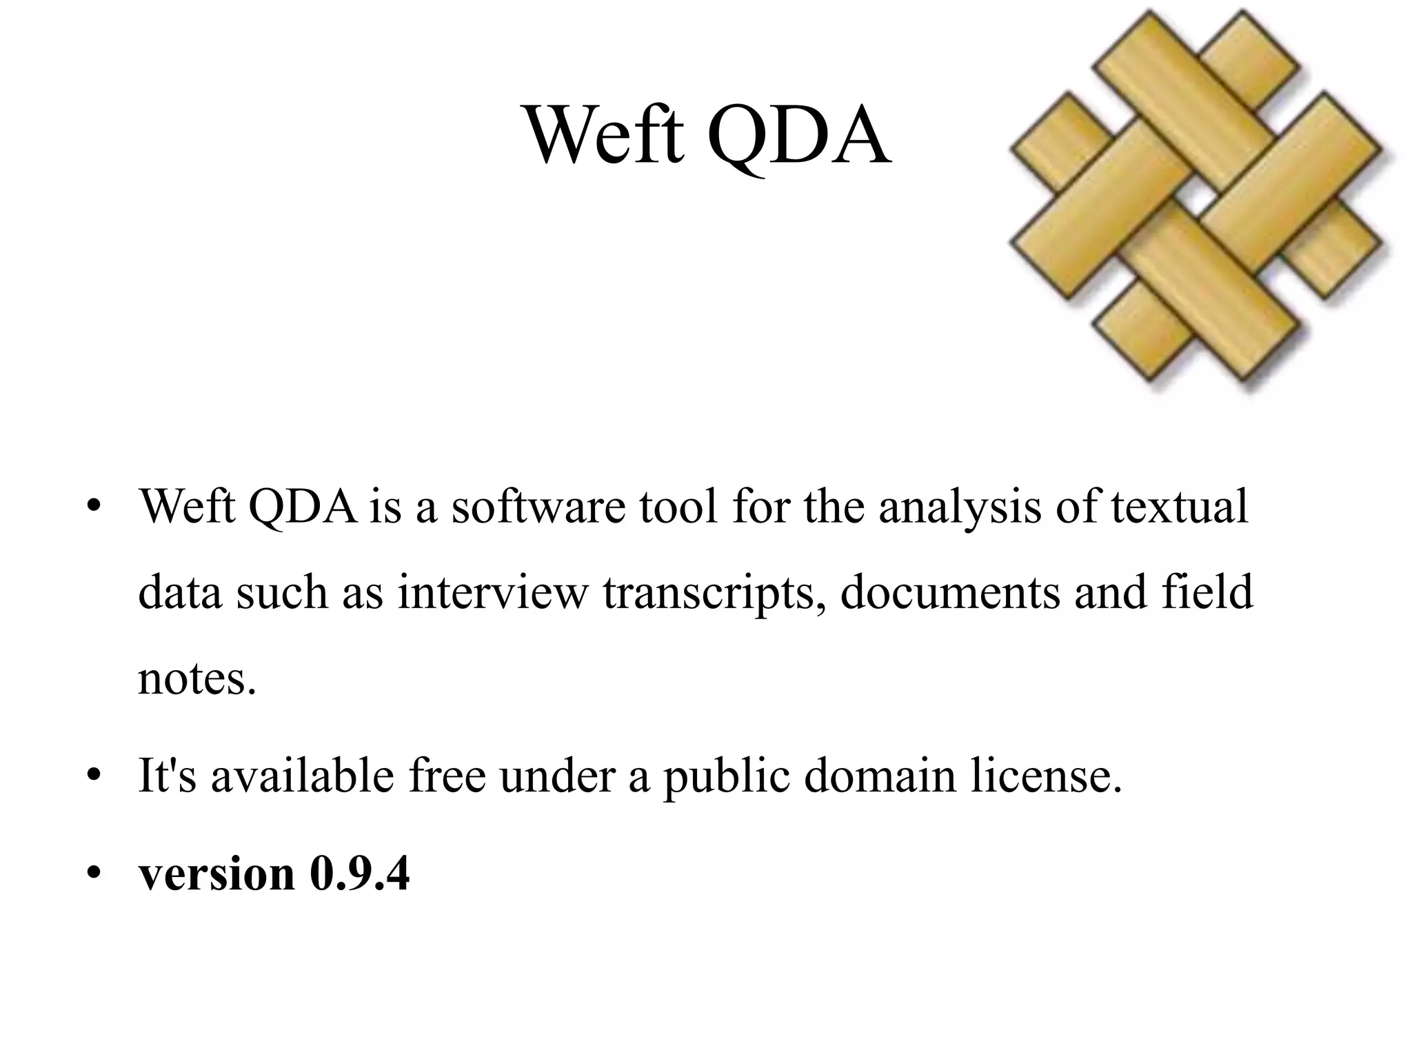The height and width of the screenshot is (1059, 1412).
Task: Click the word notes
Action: click(197, 679)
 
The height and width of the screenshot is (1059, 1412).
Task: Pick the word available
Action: click(303, 776)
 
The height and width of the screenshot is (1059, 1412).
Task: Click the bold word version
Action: click(216, 874)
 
